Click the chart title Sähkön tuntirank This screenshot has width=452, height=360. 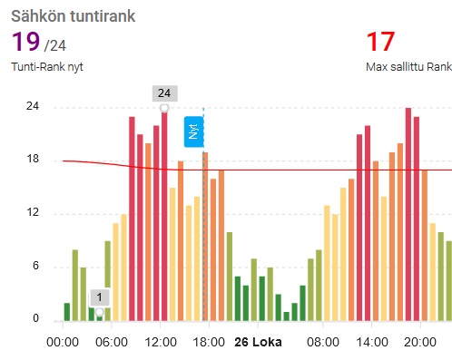pos(74,16)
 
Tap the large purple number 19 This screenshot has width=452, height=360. pos(25,42)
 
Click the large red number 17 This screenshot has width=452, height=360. pos(380,42)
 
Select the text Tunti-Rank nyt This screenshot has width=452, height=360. pos(47,67)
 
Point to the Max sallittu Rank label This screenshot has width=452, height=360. pos(408,67)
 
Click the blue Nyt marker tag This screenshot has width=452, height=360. pos(194,131)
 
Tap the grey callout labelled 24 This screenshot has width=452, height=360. pos(164,93)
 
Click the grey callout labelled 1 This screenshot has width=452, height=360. pos(100,297)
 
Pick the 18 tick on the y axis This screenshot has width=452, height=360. pos(33,159)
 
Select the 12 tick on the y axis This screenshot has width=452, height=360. pos(33,212)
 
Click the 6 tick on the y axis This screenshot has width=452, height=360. pos(35,266)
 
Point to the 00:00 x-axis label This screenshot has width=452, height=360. pos(63,342)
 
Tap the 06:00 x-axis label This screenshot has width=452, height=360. pos(112,342)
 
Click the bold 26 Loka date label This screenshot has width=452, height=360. pos(258,342)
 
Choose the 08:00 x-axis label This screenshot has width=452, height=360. pos(323,342)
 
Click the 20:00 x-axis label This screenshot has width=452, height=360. pos(420,342)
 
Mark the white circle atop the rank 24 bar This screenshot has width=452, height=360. pos(164,108)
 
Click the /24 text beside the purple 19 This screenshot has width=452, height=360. pos(55,45)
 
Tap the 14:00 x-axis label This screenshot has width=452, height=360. pos(372,342)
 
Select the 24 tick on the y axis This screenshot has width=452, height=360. pos(33,106)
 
